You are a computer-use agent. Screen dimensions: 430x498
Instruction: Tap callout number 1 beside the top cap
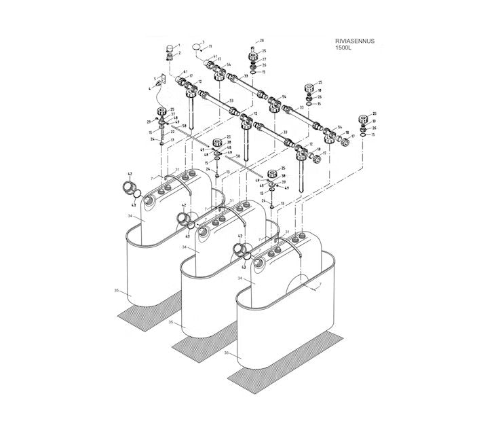point(180,44)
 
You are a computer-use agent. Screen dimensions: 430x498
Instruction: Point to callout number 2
point(180,52)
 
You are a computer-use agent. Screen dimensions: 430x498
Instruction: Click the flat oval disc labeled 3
point(197,48)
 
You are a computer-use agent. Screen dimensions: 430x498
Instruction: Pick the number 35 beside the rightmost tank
point(230,353)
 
